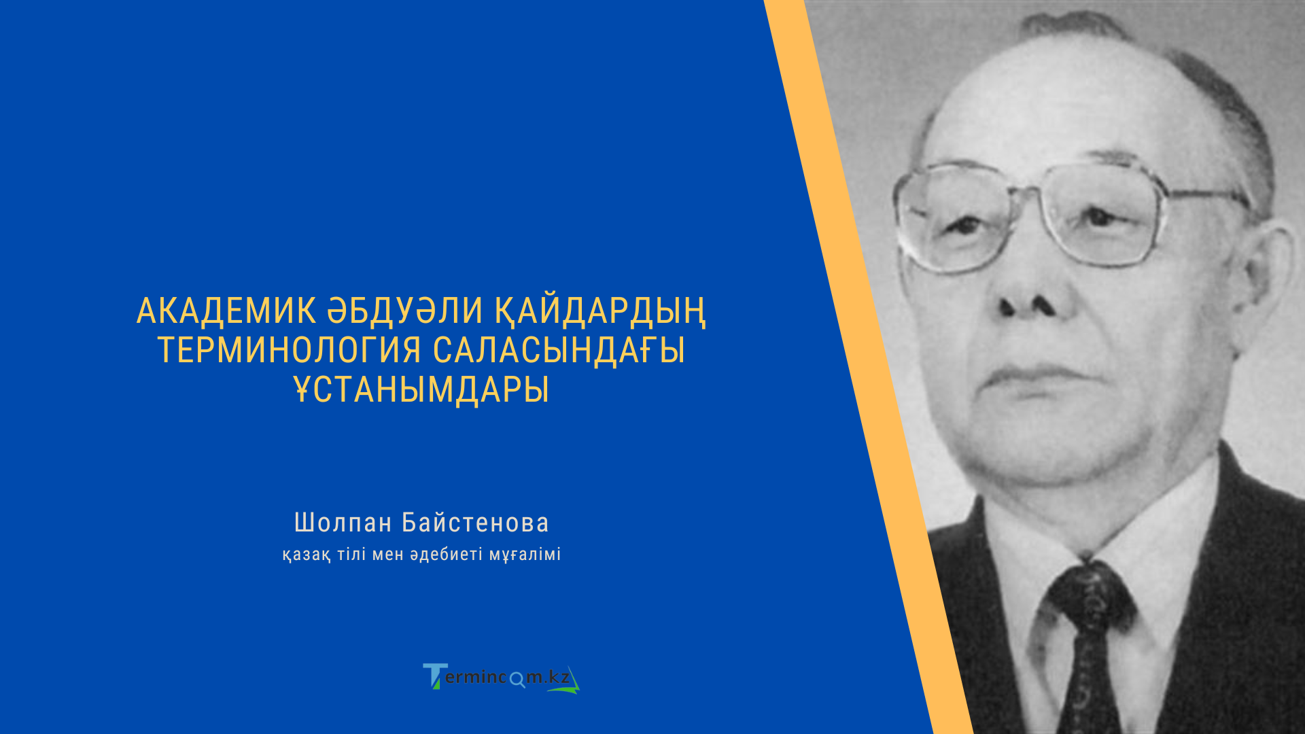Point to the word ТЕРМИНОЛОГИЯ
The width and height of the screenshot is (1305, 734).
click(x=290, y=351)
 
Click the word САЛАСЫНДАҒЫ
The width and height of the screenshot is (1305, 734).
click(x=559, y=351)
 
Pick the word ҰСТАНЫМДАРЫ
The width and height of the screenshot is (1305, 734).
click(x=421, y=390)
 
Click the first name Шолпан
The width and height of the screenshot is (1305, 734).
click(x=343, y=523)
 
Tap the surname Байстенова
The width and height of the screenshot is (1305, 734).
click(x=475, y=523)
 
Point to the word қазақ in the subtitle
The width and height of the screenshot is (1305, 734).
click(x=307, y=555)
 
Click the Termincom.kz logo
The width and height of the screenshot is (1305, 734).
click(x=501, y=678)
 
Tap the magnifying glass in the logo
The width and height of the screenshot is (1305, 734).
click(x=517, y=680)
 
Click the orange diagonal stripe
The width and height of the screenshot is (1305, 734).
click(x=870, y=367)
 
